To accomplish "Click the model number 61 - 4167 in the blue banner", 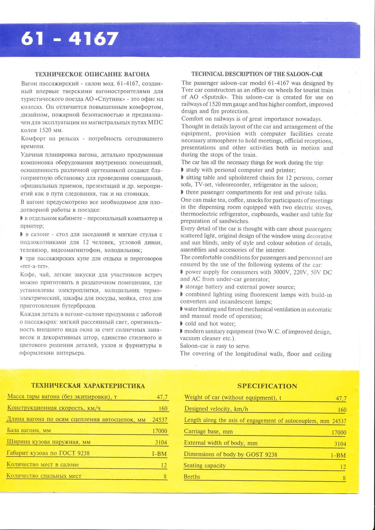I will pos(70,39).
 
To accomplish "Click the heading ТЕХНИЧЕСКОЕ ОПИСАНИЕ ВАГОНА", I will pos(92,74).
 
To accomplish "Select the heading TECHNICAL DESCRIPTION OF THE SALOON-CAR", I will pos(257,74).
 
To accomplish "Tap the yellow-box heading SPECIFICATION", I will pos(267,386).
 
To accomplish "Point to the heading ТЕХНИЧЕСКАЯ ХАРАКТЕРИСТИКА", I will pos(88,386).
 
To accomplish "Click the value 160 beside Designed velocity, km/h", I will pos(342,410).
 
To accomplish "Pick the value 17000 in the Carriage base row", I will pos(339,432).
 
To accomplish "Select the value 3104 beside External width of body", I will pos(340,444).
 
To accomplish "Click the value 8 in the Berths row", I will pos(344,478).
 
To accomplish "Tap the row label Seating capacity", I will pos(204,466).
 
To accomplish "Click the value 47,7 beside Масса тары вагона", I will pos(162,397).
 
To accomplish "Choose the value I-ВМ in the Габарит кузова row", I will pos(159,454).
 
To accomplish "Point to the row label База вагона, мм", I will pos(29,431).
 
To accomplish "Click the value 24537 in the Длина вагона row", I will pos(160,420).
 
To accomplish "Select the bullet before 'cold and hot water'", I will pos(182,324).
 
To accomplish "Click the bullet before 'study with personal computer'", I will pos(183,170).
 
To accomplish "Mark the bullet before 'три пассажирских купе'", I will pos(21,259).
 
